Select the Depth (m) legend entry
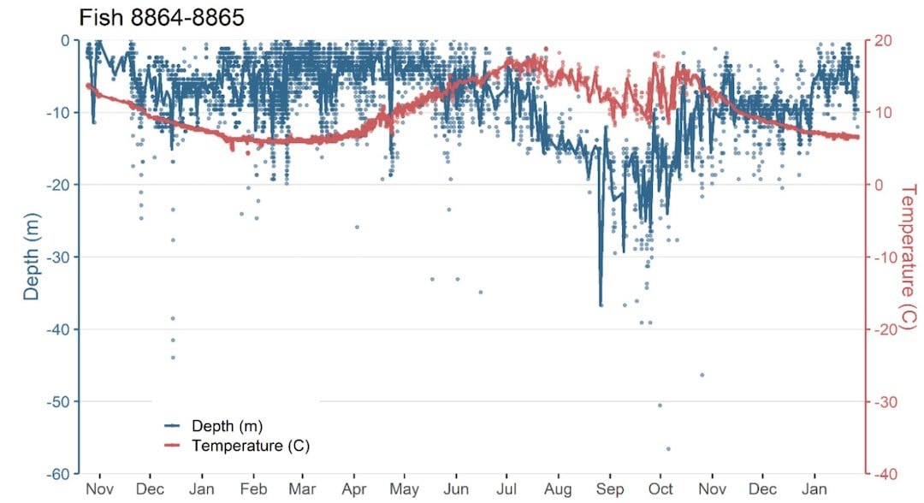[227, 425]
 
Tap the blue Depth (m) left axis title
[32, 257]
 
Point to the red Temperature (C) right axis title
[908, 257]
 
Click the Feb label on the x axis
[253, 489]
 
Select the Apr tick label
[354, 489]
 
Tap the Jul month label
[506, 489]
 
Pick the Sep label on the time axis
[609, 489]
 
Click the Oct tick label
[660, 489]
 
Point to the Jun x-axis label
[455, 489]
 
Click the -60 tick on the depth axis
[60, 474]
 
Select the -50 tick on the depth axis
[60, 401]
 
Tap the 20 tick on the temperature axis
[883, 40]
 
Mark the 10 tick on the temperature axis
[883, 112]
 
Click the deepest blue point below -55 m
[668, 448]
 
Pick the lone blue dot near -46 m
[702, 375]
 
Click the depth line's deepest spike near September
[601, 305]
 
